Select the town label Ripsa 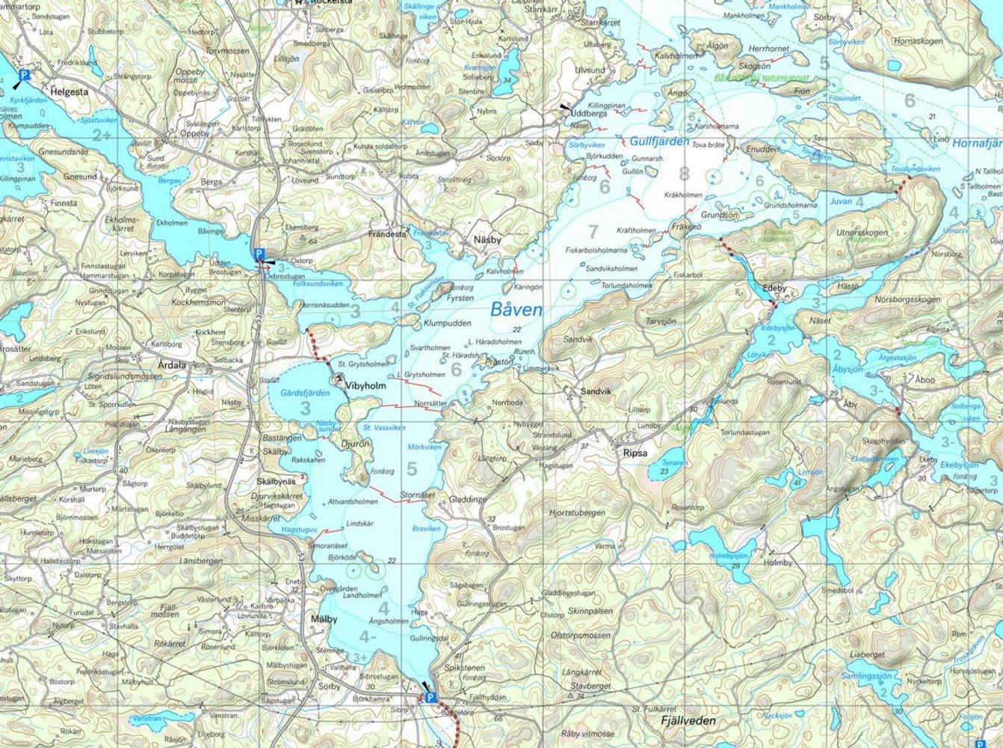pyautogui.click(x=627, y=452)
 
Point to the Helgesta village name pyautogui.click(x=70, y=92)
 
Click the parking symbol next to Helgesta pyautogui.click(x=23, y=75)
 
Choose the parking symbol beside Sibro pyautogui.click(x=430, y=697)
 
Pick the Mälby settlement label pyautogui.click(x=324, y=619)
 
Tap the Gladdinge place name pyautogui.click(x=469, y=499)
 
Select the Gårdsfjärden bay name pyautogui.click(x=305, y=392)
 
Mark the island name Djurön pyautogui.click(x=356, y=444)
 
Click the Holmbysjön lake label pyautogui.click(x=728, y=556)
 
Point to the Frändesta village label pyautogui.click(x=387, y=234)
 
